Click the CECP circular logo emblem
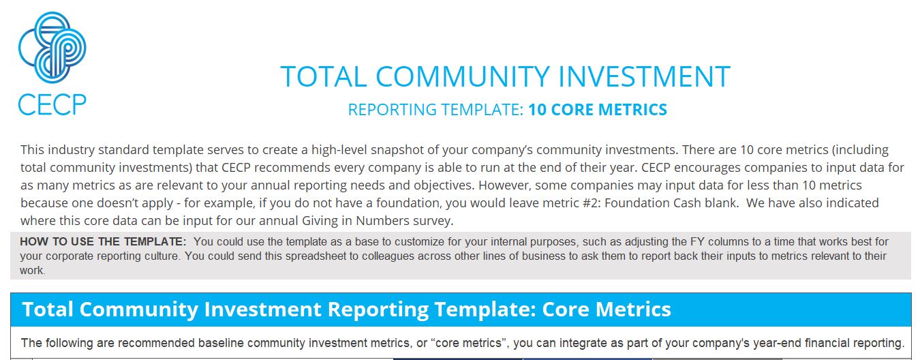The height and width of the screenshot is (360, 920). pyautogui.click(x=52, y=46)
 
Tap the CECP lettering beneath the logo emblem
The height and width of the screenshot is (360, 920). pyautogui.click(x=52, y=104)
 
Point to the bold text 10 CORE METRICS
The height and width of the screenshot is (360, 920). pyautogui.click(x=598, y=110)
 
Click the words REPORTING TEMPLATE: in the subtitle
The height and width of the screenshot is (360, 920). pyautogui.click(x=435, y=110)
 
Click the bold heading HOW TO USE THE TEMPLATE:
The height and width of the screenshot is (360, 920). pyautogui.click(x=103, y=241)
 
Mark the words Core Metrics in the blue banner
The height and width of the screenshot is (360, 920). pyautogui.click(x=607, y=310)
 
